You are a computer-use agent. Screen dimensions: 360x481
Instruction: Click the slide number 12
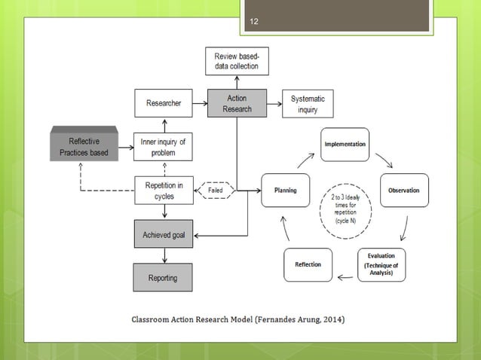coord(254,22)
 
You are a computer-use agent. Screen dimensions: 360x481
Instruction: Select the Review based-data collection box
coord(236,61)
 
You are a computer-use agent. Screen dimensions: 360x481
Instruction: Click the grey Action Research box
coord(236,103)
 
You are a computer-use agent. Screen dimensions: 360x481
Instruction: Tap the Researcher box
coord(164,103)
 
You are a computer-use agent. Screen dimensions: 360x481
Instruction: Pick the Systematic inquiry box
coord(307,104)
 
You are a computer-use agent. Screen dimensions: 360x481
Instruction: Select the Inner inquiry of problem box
coord(164,147)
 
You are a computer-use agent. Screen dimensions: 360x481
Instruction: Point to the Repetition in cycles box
coord(164,191)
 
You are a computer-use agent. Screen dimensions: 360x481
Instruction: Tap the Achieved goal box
coord(164,235)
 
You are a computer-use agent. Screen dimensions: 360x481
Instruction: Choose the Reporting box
coord(164,278)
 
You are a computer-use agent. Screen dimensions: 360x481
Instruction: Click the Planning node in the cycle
coord(286,191)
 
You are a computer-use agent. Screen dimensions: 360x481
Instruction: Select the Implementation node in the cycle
coord(345,144)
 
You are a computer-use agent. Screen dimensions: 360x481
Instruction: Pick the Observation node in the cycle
coord(404,191)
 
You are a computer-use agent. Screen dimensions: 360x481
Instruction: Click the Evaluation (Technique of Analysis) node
coord(381,265)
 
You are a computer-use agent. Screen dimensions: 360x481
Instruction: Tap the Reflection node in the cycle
coord(308,264)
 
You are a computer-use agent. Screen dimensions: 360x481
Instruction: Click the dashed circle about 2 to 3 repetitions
coord(345,206)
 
